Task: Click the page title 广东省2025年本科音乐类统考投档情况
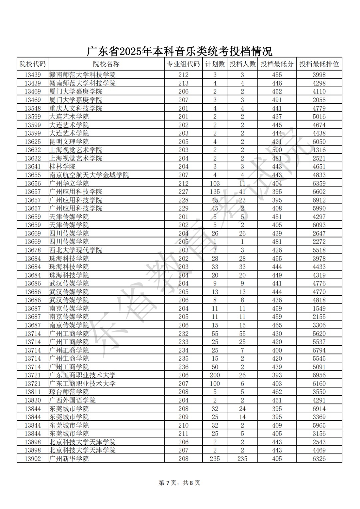[179, 51]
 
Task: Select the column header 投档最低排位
[319, 64]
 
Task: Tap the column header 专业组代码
[183, 64]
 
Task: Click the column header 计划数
[215, 64]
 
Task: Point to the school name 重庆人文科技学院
[75, 108]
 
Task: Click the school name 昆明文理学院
[69, 142]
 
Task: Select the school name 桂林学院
[62, 167]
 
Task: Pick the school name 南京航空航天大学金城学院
[89, 175]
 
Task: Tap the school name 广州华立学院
[69, 184]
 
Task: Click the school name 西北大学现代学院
[75, 250]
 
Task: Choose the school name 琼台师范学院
[69, 392]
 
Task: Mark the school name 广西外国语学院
[72, 400]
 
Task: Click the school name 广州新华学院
[69, 459]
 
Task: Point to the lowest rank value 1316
[319, 150]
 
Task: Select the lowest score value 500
[277, 150]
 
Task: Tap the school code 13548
[33, 108]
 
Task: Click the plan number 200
[215, 375]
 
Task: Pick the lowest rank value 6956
[319, 375]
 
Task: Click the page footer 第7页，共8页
[179, 483]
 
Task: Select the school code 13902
[33, 459]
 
